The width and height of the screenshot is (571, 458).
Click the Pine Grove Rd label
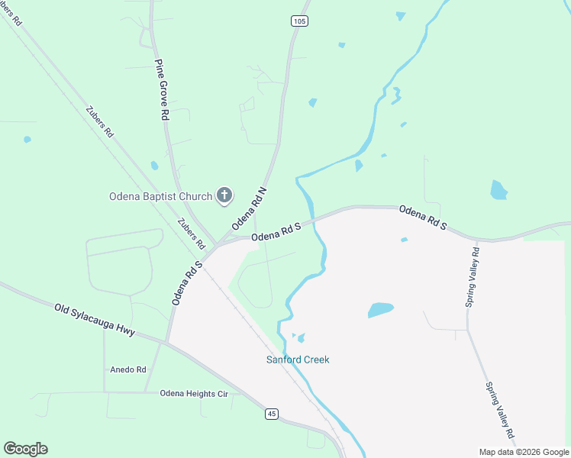161,90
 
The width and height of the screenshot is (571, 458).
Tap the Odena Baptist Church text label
159,196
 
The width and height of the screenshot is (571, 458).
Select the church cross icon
224,195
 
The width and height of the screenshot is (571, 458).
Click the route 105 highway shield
299,21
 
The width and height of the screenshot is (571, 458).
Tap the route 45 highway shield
272,414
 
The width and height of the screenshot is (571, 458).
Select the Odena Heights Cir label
194,393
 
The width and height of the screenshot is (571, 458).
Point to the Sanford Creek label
298,360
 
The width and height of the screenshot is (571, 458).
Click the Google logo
25,449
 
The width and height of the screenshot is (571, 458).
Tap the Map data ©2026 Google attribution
524,452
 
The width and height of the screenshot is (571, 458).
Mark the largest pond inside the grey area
380,309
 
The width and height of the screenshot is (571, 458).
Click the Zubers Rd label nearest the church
191,234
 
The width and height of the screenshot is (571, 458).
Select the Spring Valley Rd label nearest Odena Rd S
473,277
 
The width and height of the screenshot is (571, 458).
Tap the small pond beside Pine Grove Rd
154,165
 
